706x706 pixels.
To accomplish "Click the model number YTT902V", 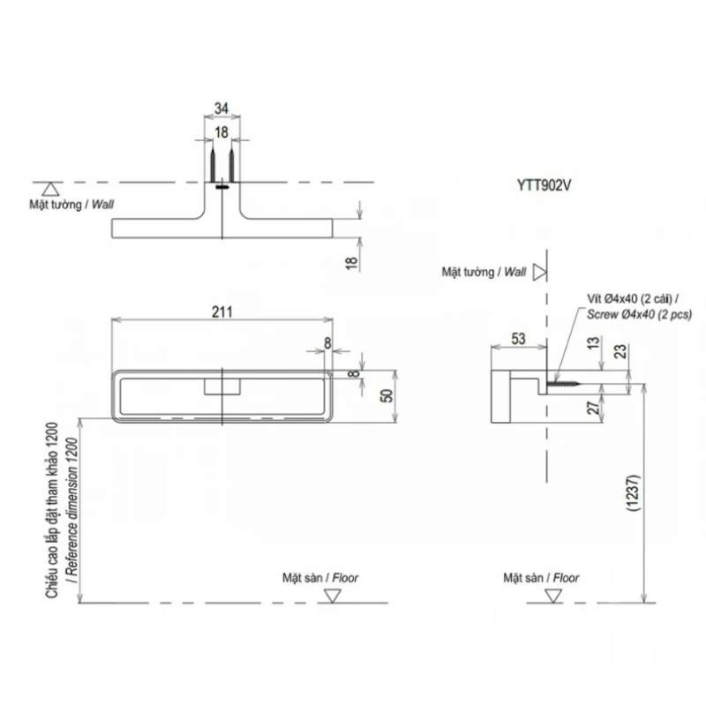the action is [544, 185].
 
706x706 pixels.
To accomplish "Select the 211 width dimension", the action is [222, 312].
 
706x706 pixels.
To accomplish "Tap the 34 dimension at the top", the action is [222, 109].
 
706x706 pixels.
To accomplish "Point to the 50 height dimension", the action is [387, 395].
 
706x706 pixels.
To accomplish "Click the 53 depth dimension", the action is [518, 339].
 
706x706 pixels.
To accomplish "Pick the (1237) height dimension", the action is [634, 492].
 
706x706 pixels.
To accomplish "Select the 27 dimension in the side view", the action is [594, 408].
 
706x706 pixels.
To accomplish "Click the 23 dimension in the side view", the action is [620, 350].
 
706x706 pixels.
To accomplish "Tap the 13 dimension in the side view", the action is [594, 343].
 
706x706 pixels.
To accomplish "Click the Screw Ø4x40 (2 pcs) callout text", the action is [639, 314].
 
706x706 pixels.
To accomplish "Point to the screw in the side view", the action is [563, 384].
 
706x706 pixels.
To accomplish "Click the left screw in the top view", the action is [213, 163].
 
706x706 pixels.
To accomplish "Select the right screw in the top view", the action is [232, 163].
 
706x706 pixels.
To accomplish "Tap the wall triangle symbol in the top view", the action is [50, 189].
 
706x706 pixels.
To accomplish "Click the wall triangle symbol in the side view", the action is [539, 272].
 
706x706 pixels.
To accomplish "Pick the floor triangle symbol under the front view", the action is [333, 596].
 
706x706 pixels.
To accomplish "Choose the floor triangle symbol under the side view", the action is [553, 596].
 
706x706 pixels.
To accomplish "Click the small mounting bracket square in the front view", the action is [222, 387].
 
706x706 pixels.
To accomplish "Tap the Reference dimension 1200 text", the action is [72, 510].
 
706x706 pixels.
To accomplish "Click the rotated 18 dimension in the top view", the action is [351, 263].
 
